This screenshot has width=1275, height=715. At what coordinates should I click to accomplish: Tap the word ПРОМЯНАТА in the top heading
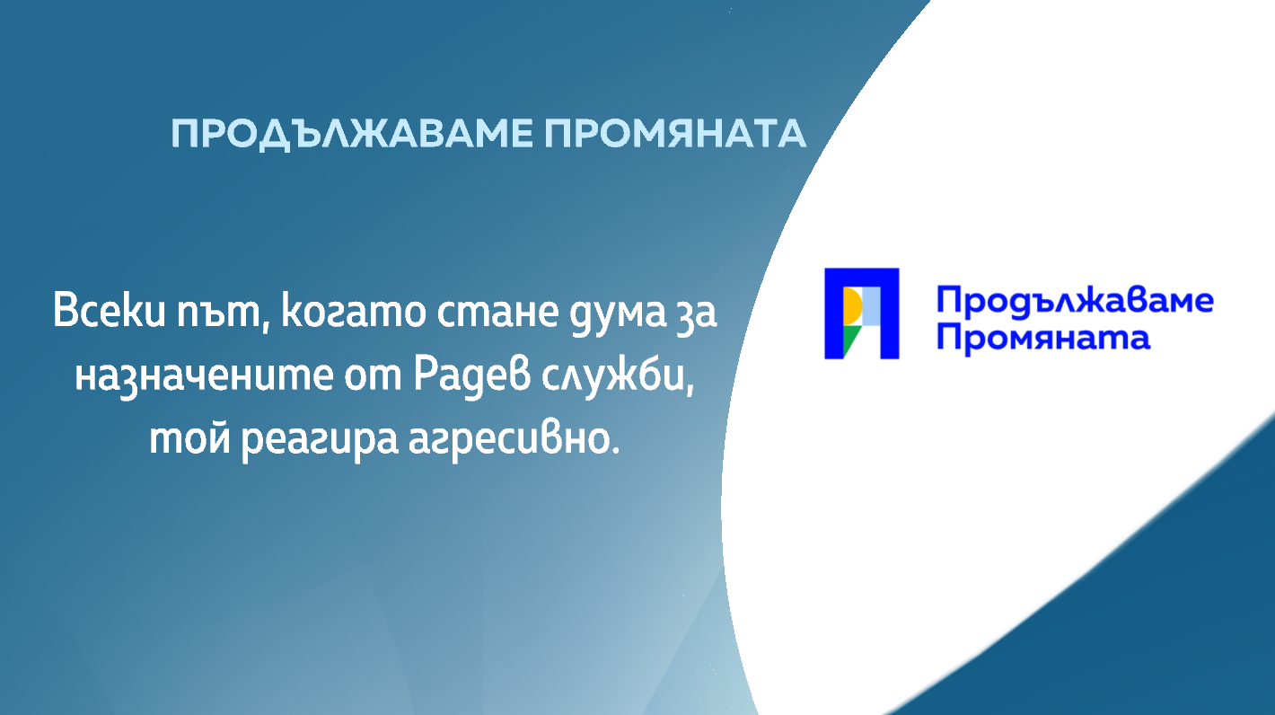tap(675, 134)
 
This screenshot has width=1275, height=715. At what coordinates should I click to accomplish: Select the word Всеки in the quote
tap(110, 311)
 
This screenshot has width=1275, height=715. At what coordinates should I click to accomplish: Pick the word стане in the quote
tap(498, 313)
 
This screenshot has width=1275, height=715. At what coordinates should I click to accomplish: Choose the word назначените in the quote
tap(204, 377)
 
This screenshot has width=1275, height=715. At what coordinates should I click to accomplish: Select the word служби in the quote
tap(618, 375)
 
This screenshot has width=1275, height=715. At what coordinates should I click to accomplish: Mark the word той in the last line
tap(189, 438)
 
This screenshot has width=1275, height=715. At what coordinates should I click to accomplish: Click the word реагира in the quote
tap(320, 441)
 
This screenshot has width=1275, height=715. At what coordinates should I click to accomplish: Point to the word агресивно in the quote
tap(514, 441)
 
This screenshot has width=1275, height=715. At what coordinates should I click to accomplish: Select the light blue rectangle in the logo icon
tap(872, 306)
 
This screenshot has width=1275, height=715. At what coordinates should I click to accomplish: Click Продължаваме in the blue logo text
tap(1075, 301)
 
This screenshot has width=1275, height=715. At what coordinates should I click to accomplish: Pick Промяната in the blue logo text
tap(1043, 338)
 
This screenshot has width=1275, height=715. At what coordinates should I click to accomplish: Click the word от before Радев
tap(373, 376)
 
